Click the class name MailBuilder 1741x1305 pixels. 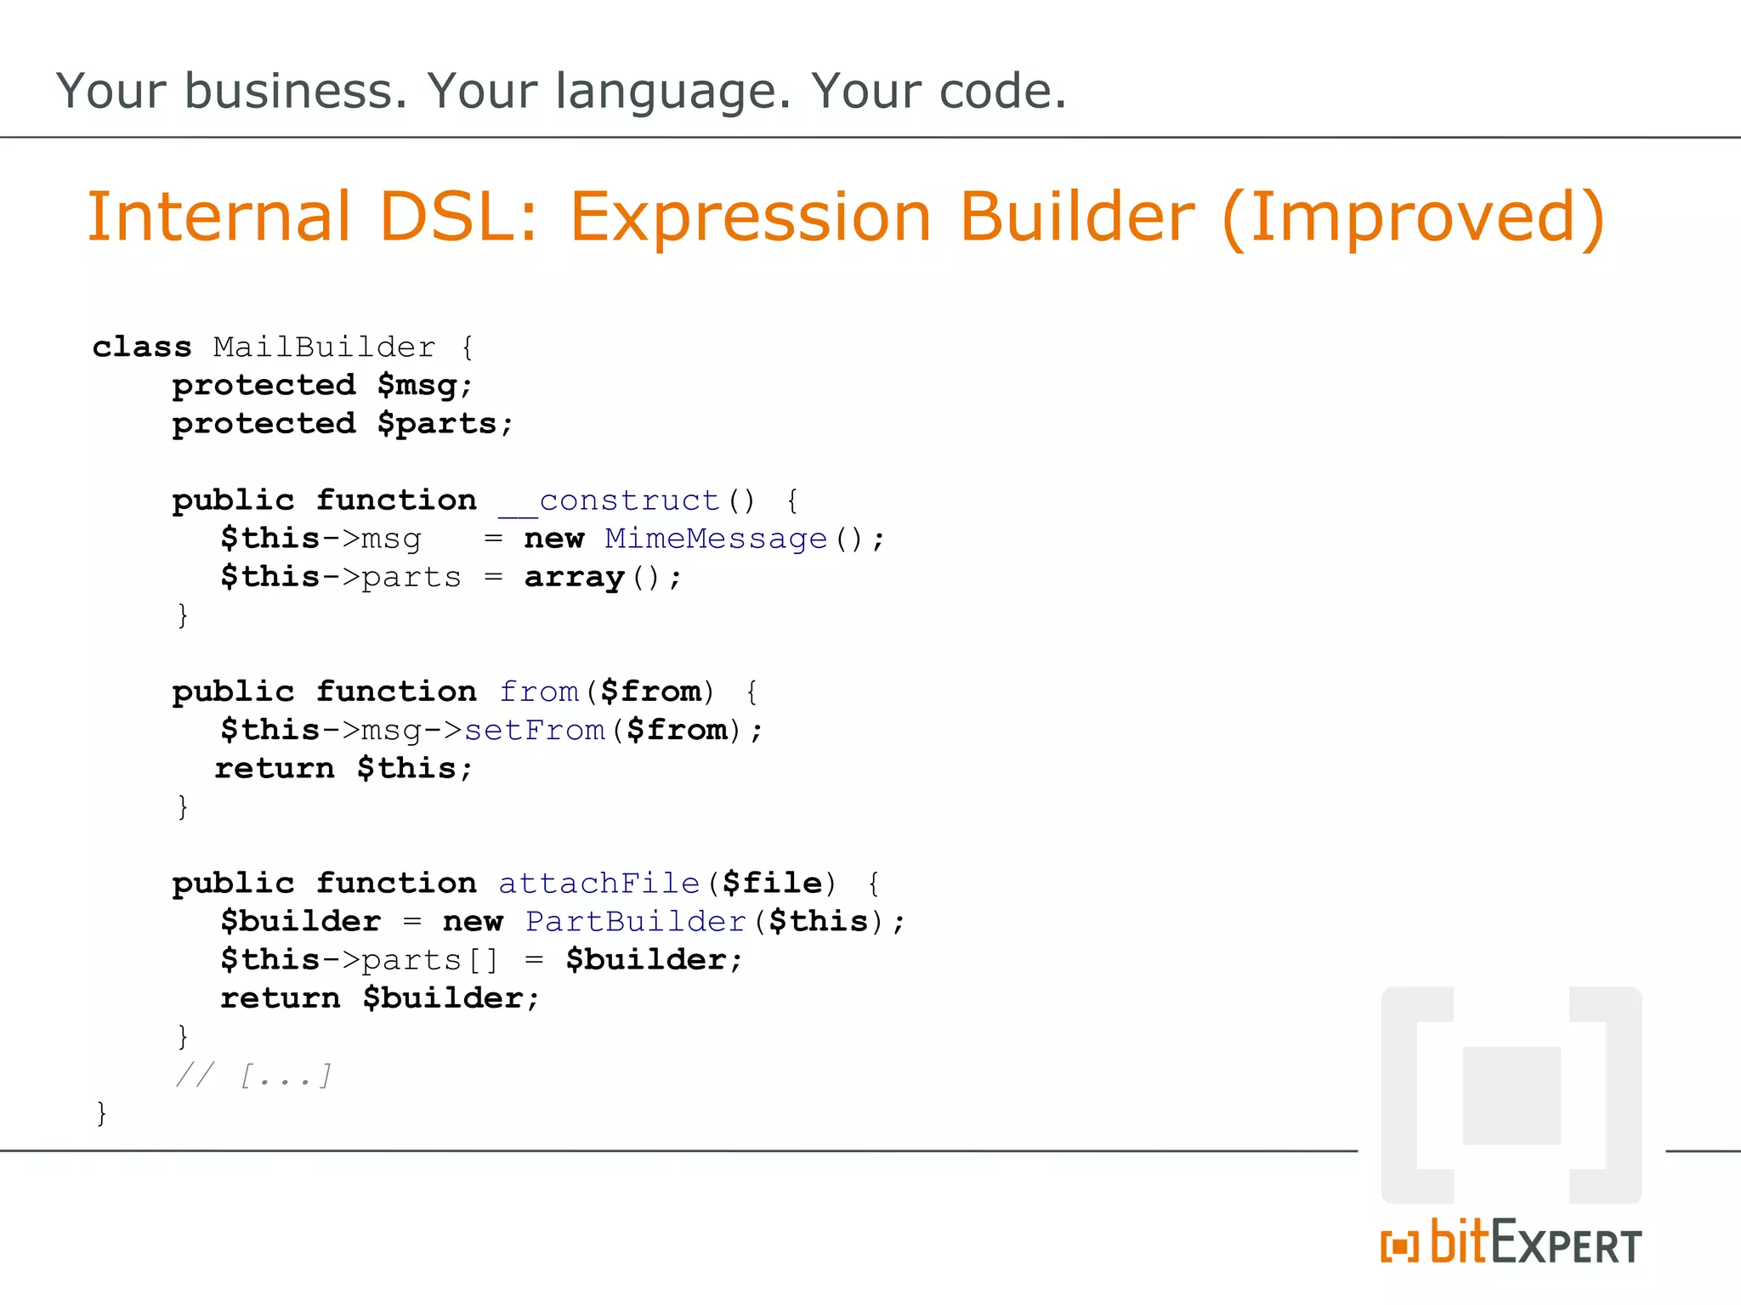pyautogui.click(x=324, y=347)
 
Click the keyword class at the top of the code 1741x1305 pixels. pyautogui.click(x=142, y=347)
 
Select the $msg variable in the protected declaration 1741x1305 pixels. pyautogui.click(x=417, y=386)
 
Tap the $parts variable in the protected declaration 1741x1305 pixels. pyautogui.click(x=437, y=424)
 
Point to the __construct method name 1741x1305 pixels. pyautogui.click(x=609, y=500)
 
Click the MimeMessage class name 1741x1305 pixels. pyautogui.click(x=716, y=539)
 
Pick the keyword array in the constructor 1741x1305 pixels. pyautogui.click(x=575, y=578)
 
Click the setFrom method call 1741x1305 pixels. pyautogui.click(x=535, y=731)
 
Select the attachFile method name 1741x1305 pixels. pyautogui.click(x=598, y=884)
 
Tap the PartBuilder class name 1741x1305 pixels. pyautogui.click(x=636, y=922)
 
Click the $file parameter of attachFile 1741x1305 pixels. pyautogui.click(x=773, y=884)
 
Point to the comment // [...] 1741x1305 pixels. pyautogui.click(x=253, y=1076)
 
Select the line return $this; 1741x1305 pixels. pyautogui.click(x=343, y=769)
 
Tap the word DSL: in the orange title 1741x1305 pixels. pyautogui.click(x=458, y=217)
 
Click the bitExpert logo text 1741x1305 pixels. pyautogui.click(x=1534, y=1244)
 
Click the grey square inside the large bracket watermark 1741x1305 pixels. pyautogui.click(x=1511, y=1095)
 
